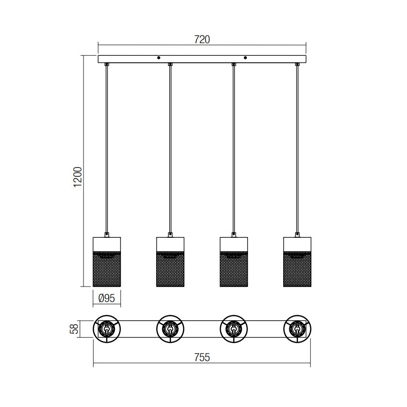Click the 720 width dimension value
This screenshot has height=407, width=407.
pos(202,40)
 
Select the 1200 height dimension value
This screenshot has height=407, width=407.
pos(78,177)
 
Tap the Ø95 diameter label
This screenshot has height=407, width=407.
pos(107,297)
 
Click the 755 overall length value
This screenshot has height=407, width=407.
pos(202,358)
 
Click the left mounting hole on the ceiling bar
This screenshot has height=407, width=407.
pos(159,58)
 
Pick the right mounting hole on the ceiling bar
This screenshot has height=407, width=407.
pos(245,58)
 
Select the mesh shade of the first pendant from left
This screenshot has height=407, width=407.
pos(107,269)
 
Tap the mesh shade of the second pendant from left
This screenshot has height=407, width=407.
pos(170,269)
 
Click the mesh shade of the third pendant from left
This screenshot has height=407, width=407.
pos(234,269)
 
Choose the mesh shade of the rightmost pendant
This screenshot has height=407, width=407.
pos(297,269)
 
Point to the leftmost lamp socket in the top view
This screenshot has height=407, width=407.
pos(107,329)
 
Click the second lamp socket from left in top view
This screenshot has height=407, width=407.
pos(170,329)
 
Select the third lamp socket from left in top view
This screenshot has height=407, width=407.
pos(233,329)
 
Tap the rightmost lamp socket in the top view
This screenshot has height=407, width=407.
pos(296,329)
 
